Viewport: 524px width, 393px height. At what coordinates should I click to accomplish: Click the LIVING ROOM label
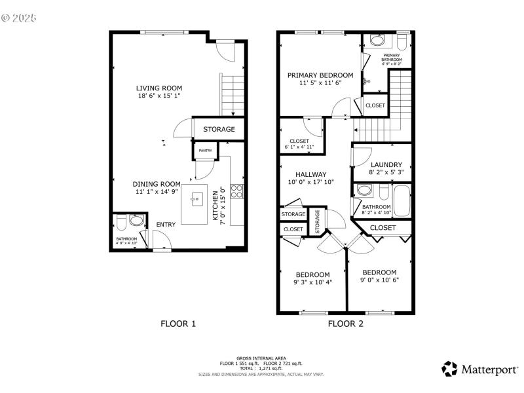coord(159,88)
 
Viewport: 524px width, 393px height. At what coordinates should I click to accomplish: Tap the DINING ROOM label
coord(157,184)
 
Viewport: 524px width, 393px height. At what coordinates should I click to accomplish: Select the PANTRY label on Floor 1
coord(206,151)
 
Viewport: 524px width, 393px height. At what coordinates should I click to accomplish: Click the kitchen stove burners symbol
coord(237,191)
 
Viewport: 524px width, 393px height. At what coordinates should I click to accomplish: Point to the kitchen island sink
coord(196,198)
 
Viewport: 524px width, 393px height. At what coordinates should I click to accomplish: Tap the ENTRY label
coord(165,225)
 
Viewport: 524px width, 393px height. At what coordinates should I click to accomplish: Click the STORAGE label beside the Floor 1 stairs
coord(218,129)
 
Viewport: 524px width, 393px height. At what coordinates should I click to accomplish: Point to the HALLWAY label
coord(310,174)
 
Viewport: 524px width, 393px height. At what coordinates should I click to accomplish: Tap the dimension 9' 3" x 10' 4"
coord(312,283)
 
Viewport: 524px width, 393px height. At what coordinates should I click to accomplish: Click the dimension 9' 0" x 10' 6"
coord(379,280)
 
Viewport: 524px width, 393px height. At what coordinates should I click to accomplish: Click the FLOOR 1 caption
coord(178,324)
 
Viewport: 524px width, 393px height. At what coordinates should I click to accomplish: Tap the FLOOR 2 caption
coord(345,324)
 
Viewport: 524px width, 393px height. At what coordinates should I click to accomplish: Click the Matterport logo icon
coord(449,369)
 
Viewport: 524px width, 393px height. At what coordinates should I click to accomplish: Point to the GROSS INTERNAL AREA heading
coord(261,358)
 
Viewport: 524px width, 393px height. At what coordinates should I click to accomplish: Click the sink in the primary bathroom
coord(377,41)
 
